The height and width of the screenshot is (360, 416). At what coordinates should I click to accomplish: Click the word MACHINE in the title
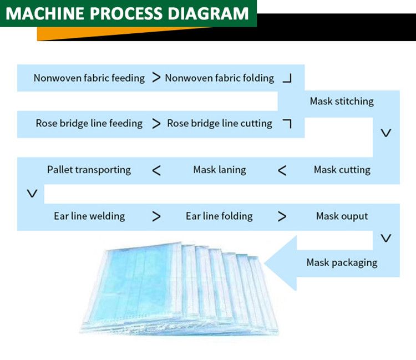click(44, 13)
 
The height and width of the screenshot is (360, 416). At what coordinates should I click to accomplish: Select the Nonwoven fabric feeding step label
click(89, 78)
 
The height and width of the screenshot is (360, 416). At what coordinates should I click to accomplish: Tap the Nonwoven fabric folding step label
click(220, 78)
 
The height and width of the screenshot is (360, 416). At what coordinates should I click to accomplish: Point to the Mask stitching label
click(342, 102)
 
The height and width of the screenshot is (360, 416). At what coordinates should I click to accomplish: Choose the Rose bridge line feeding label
click(89, 123)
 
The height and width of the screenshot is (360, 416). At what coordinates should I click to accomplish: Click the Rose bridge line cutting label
click(220, 123)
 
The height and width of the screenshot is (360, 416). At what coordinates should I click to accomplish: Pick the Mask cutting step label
click(342, 170)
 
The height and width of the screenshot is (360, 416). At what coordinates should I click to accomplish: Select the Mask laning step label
click(220, 170)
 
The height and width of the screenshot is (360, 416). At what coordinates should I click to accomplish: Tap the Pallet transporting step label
click(89, 170)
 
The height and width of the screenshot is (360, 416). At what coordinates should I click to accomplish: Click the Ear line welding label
click(89, 216)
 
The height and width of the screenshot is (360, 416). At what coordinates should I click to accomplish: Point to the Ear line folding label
click(219, 216)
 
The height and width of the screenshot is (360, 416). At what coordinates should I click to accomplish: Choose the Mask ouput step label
click(342, 216)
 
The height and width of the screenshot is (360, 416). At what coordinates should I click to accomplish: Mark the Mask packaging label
click(342, 262)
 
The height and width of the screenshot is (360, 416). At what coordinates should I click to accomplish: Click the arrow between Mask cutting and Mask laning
click(282, 170)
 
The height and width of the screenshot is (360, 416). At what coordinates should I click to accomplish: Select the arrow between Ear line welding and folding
click(156, 216)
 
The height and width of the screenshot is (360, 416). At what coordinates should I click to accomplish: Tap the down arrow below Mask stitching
click(386, 133)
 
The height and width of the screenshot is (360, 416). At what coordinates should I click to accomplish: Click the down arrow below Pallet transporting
click(32, 193)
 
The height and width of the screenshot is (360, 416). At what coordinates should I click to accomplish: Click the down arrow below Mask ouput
click(386, 238)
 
